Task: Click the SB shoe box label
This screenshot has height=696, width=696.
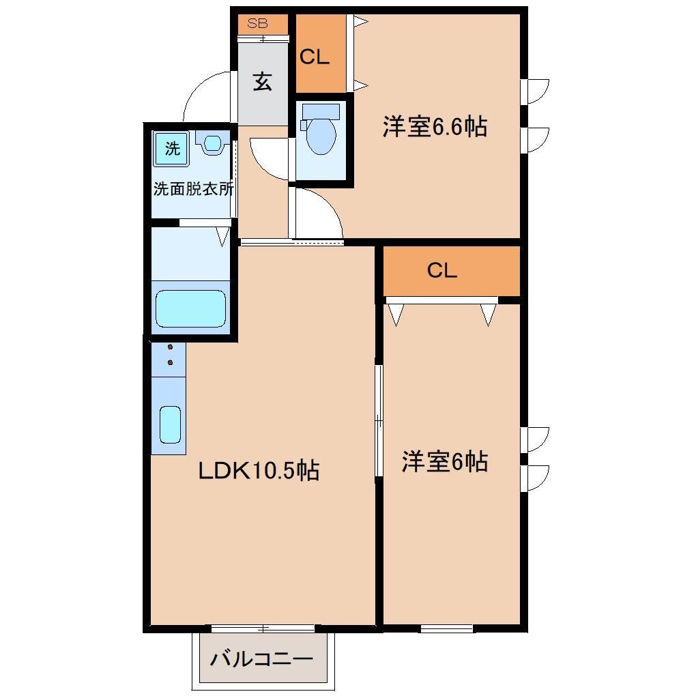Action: (x=257, y=23)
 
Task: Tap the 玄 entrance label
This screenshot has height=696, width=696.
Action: (x=263, y=81)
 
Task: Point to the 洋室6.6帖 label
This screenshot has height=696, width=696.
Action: (x=434, y=127)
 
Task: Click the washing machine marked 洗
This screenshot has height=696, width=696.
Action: (x=173, y=148)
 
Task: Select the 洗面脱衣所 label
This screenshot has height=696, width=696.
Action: (x=193, y=189)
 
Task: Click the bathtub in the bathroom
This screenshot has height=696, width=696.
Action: (x=190, y=308)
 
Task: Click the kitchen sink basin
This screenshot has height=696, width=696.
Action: (x=170, y=424)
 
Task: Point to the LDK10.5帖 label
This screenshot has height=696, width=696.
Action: (x=259, y=470)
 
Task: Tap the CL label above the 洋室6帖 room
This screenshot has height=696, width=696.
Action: (x=441, y=271)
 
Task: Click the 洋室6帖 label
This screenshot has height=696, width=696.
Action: (x=444, y=462)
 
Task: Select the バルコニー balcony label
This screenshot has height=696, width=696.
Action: (x=261, y=659)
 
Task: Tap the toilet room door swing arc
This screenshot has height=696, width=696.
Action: (x=267, y=158)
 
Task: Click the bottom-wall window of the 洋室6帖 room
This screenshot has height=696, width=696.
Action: (x=447, y=628)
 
